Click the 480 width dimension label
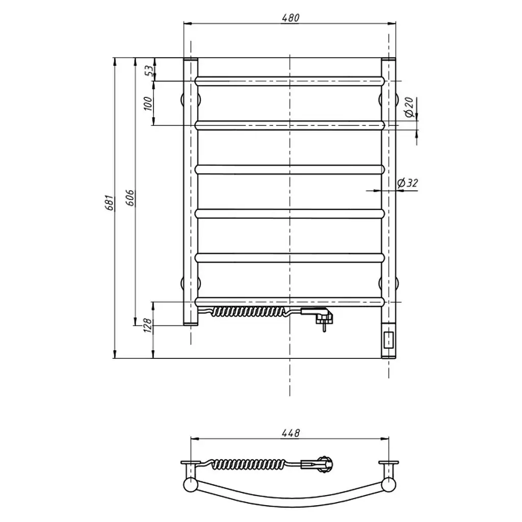pos(291,18)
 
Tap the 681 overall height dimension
pos(110,203)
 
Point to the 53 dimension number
pos(150,70)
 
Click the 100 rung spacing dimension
pos(148,103)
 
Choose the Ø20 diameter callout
pos(409,107)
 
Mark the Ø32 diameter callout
pos(407,183)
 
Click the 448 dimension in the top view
pos(291,433)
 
